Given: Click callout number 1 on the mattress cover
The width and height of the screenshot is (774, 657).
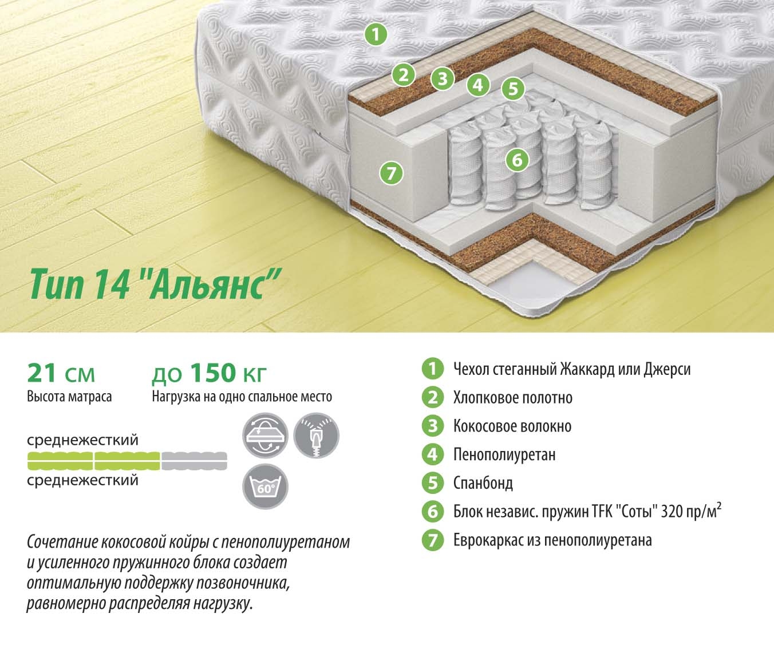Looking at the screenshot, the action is click(376, 34).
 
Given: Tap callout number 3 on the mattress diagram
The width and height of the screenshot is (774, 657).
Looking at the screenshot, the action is click(442, 78).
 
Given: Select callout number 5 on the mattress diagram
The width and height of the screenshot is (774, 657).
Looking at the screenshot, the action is click(513, 89).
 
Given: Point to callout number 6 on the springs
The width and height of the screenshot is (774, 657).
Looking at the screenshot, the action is click(517, 160).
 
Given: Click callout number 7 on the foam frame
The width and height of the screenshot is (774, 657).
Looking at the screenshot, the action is click(392, 173).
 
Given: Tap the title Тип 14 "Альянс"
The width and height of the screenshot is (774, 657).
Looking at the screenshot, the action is click(155, 284).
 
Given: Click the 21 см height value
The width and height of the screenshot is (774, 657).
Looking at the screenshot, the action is click(61, 373).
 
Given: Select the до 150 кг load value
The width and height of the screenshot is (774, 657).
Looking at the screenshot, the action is click(209, 373).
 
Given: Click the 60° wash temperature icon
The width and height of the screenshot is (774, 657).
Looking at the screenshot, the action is click(265, 486).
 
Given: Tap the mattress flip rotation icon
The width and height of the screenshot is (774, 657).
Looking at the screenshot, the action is click(265, 436).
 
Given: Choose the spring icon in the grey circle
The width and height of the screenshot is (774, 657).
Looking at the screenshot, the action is click(317, 436).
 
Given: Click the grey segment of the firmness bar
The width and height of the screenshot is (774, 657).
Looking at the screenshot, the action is click(194, 461).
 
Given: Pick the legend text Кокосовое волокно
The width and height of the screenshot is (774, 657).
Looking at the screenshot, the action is click(512, 426).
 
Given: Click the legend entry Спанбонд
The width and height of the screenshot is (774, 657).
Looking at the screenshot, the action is click(483, 483).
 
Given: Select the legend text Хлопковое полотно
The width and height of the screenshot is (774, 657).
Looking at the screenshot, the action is click(513, 398).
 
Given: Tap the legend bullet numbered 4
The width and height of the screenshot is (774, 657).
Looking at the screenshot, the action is click(432, 454).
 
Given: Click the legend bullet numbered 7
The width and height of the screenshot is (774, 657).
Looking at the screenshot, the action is click(432, 540).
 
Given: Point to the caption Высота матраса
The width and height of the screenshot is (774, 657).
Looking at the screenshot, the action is click(69, 397).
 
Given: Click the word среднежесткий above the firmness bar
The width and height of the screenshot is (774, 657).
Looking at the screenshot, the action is click(83, 440).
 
